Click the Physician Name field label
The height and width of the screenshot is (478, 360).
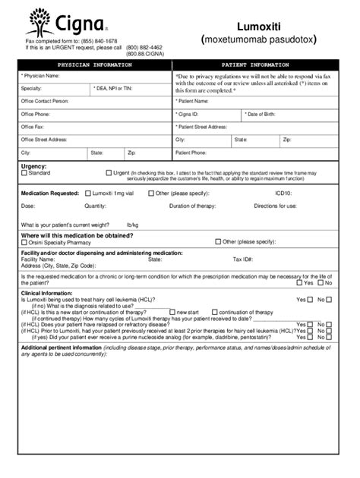pos(41,76)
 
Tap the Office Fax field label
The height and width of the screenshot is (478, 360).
pos(33,127)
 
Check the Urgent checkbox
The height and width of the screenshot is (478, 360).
pos(109,172)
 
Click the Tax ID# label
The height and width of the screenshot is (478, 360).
pos(242,259)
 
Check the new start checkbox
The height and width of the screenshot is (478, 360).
pos(172,312)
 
